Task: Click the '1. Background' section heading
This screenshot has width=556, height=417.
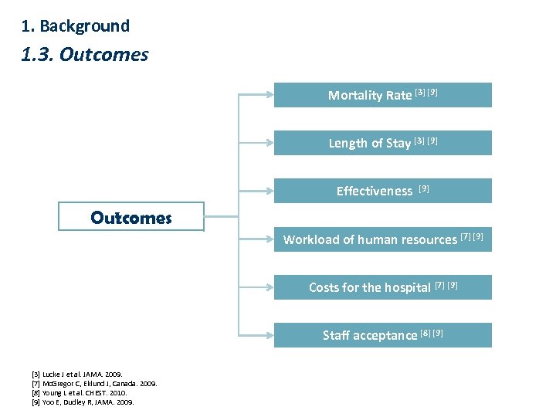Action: (76, 26)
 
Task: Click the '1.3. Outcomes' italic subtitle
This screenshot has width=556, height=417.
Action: (85, 56)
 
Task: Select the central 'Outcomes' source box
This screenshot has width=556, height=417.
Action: (131, 217)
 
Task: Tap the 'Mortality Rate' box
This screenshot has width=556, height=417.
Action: (382, 95)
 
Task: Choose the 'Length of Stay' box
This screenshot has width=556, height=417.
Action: (382, 143)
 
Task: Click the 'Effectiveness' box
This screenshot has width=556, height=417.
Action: (382, 191)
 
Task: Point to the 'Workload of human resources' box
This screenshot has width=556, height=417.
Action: (382, 239)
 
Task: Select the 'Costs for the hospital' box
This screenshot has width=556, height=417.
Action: (382, 287)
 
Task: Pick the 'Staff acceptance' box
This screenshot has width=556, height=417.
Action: (382, 335)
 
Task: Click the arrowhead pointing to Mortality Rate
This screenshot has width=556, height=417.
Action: (270, 95)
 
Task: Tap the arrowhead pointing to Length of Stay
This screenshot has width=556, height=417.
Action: (270, 143)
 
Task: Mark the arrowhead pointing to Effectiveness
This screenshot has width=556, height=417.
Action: (270, 191)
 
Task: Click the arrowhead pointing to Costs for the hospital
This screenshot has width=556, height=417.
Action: (270, 287)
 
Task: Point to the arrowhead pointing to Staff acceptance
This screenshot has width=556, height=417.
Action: (270, 335)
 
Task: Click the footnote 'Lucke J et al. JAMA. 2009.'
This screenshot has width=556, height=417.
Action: (82, 375)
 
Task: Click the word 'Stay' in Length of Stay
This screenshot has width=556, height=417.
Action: (398, 144)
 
